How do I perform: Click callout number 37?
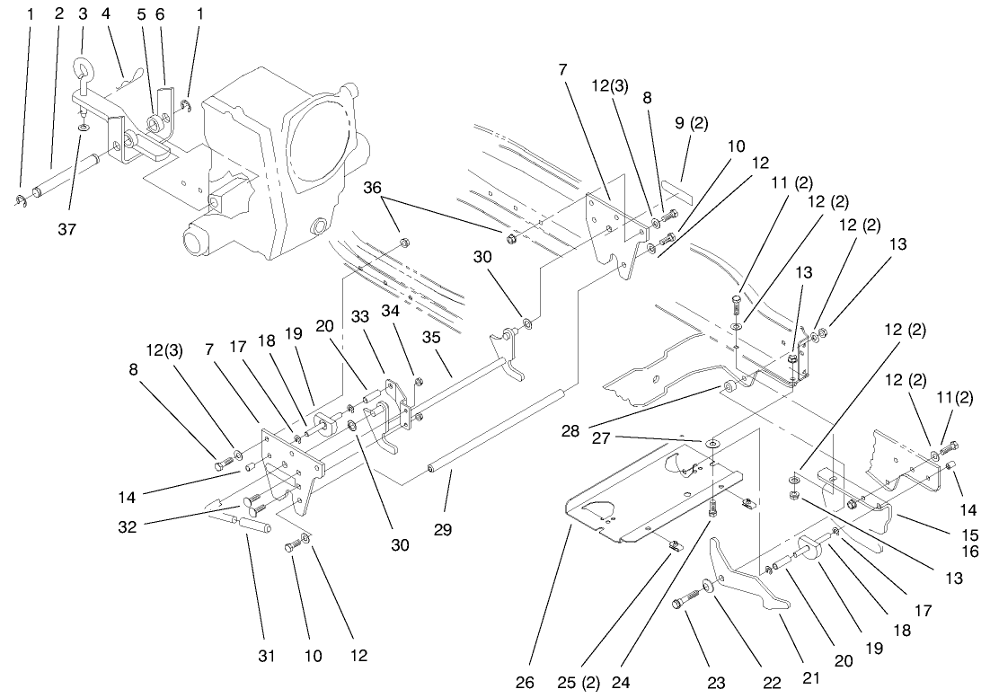(x=67, y=230)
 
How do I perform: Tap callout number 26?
(x=539, y=683)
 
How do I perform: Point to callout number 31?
(x=266, y=657)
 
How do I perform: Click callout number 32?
(x=127, y=527)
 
